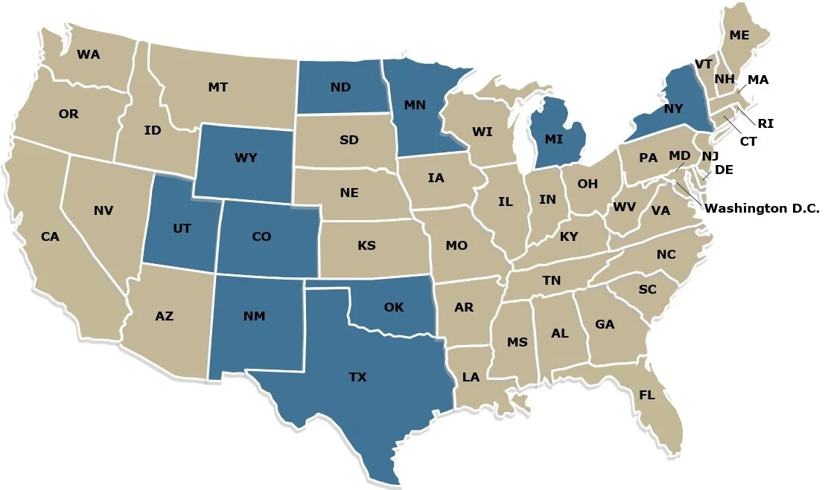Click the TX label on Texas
357,377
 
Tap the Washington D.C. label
762,209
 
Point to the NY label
673,109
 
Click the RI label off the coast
765,123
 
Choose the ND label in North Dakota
340,87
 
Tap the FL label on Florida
646,395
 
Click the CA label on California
50,236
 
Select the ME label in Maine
739,35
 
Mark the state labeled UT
182,228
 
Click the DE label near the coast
724,170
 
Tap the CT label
748,141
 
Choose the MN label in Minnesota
415,105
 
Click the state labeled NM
254,317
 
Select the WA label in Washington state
89,54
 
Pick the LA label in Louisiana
471,377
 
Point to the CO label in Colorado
261,236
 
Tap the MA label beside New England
758,80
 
